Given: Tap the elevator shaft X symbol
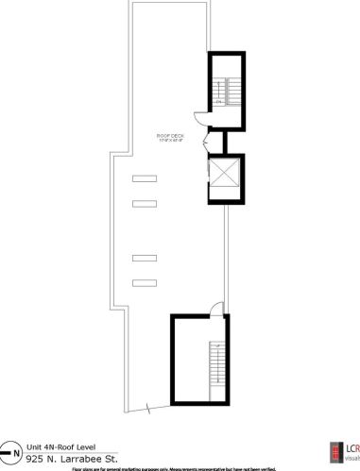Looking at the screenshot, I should click(x=227, y=176).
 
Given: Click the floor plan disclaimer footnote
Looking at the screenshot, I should click(x=180, y=467).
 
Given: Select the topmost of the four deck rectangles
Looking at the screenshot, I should click(x=144, y=178).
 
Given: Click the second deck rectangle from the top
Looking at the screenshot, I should click(x=144, y=203).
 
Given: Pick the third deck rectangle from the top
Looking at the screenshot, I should click(x=144, y=257).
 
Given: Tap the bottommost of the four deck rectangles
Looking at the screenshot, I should click(x=144, y=281).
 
